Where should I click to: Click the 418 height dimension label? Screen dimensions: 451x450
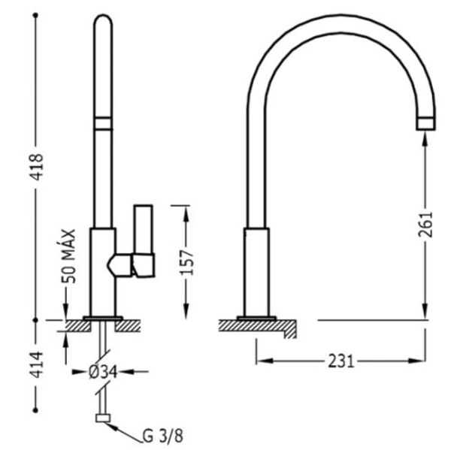click(x=38, y=167)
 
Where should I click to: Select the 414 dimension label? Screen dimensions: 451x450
click(x=38, y=364)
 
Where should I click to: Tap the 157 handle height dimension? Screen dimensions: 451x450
click(x=186, y=262)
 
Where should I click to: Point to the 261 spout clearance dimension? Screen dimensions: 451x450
click(x=425, y=225)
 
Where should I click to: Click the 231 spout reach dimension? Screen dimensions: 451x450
click(x=341, y=361)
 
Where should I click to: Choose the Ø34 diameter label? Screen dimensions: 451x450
click(x=103, y=372)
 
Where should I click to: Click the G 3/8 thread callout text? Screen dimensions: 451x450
click(x=163, y=436)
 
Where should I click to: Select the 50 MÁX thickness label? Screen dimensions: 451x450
click(x=68, y=256)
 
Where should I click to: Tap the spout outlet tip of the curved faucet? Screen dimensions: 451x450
click(x=425, y=123)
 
